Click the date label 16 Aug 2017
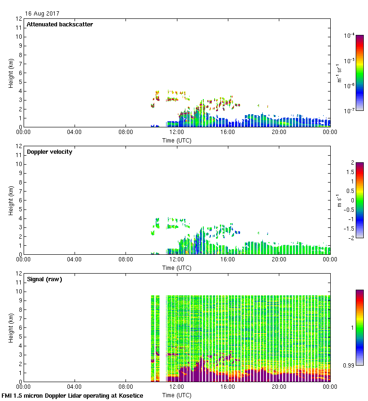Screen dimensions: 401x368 pos(42,14)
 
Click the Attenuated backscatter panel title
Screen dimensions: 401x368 pos(60,25)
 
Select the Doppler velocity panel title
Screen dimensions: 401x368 pos(50,152)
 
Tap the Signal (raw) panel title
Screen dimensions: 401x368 pos(44,279)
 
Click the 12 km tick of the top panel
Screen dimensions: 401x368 pos(19,19)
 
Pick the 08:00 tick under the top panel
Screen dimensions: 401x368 pos(126,132)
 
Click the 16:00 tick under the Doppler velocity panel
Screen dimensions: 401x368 pos(228,259)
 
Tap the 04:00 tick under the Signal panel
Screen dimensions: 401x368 pos(75,387)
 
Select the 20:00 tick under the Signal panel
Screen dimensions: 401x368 pos(279,387)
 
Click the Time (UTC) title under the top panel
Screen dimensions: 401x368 pos(176,141)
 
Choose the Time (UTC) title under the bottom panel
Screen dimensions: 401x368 pos(176,395)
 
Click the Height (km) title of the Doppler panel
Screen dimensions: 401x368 pos(11,200)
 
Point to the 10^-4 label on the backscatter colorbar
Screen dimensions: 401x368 pos(350,35)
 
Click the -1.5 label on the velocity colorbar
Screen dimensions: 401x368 pos(349,228)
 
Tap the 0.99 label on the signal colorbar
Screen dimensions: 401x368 pos(350,365)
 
